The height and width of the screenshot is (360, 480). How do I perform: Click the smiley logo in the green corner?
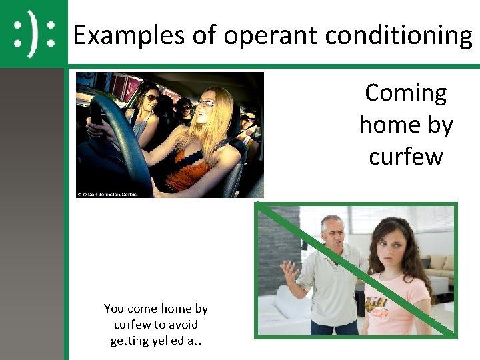pos(33,33)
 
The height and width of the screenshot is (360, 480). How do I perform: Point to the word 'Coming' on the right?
pos(405,93)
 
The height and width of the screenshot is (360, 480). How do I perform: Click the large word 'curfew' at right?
pos(405,157)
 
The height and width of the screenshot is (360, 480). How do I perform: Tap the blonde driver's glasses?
pos(205,103)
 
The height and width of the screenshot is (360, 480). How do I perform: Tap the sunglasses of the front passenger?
pos(153,98)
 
